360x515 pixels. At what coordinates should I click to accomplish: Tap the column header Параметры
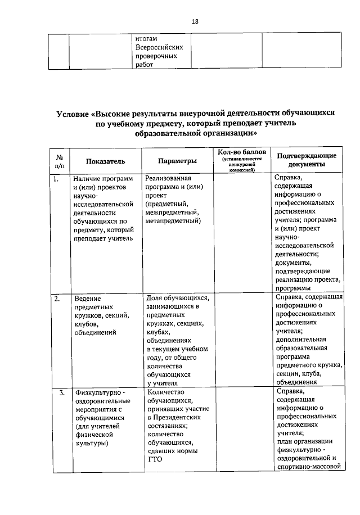click(177, 161)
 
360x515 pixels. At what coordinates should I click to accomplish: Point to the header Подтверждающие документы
click(306, 160)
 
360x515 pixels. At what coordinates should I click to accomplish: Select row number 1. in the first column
click(56, 179)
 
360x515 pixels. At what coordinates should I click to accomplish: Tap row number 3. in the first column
click(61, 392)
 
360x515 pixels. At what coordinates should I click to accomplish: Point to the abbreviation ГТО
click(154, 459)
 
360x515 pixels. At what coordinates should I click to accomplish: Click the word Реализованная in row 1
click(170, 179)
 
